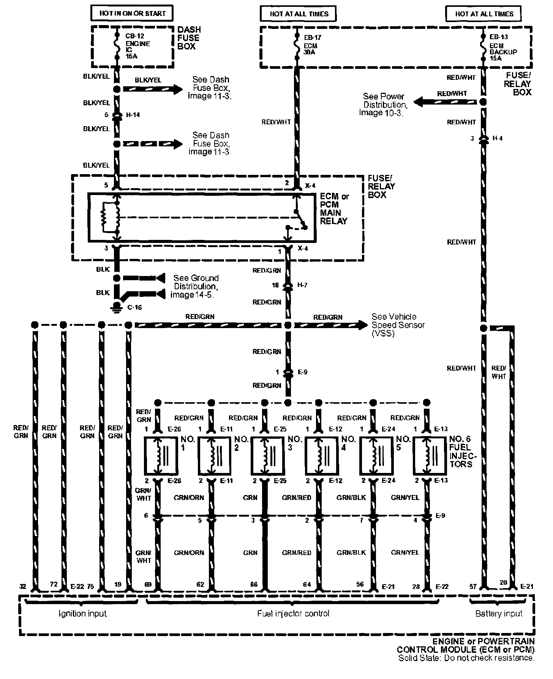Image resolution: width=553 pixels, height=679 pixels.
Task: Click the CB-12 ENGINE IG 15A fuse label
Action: (137, 46)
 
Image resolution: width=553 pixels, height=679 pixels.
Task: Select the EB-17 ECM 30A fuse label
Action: (310, 45)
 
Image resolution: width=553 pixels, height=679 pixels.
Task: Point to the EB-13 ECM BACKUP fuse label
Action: (503, 48)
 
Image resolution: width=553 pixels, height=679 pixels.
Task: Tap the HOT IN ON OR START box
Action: (133, 14)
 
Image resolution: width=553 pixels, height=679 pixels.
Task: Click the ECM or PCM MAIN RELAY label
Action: (334, 209)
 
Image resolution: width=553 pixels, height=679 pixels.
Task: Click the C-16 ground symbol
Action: (117, 307)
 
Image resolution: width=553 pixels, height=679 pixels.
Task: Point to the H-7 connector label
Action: (302, 285)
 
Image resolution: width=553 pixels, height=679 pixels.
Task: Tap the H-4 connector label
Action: (498, 138)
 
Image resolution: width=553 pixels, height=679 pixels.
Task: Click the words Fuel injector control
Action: (293, 613)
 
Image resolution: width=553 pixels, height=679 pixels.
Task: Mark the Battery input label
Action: (499, 613)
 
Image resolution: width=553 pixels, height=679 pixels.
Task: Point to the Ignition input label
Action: (82, 613)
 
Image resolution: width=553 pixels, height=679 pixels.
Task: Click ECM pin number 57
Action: (473, 587)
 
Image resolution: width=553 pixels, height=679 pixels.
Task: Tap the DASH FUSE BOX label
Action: (189, 38)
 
